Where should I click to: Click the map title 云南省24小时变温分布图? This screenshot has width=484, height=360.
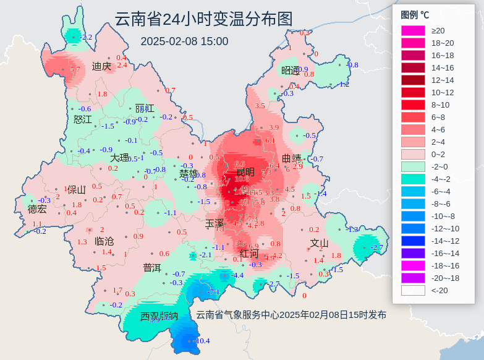203,19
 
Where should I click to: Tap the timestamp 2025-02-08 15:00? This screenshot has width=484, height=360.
184,41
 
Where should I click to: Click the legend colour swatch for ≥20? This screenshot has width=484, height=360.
413,30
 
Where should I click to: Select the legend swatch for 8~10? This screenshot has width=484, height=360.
413,105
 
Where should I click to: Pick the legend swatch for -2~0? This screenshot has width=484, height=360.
413,166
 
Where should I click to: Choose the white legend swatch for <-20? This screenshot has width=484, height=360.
413,290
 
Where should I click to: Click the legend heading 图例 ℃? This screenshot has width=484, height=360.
415,15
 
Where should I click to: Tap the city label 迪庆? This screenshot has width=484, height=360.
101,66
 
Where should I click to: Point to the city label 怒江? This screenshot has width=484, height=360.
82,119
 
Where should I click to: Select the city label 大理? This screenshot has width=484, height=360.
120,158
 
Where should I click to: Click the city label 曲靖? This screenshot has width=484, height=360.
292,158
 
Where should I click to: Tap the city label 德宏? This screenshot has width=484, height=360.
37,209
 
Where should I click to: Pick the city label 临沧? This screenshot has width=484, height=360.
104,241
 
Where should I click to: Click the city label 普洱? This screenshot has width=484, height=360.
152,268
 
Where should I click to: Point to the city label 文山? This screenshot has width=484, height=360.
319,243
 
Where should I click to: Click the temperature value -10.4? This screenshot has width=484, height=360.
202,341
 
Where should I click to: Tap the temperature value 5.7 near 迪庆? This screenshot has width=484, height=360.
75,70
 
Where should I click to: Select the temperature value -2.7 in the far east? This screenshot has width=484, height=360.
376,247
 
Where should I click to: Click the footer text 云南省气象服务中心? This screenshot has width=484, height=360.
237,315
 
